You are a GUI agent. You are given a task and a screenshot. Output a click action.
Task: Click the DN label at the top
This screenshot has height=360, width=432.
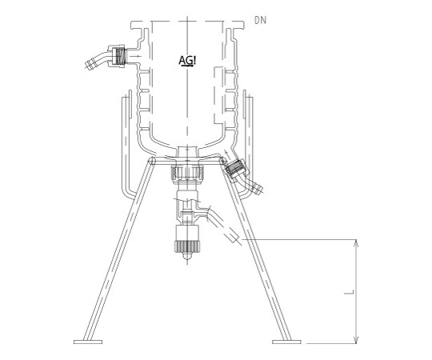click(260, 20)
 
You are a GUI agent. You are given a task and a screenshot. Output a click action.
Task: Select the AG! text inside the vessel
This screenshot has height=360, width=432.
click(187, 61)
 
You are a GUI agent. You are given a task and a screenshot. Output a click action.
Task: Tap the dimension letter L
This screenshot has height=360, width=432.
click(349, 292)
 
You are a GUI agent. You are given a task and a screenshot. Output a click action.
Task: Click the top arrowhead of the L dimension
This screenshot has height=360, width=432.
click(356, 243)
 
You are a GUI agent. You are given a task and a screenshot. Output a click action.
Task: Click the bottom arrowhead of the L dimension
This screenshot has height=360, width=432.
click(356, 340)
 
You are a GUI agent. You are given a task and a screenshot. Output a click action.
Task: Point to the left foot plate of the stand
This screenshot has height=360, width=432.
click(88, 342)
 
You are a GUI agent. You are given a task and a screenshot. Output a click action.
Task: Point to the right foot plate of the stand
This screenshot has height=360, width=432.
click(286, 342)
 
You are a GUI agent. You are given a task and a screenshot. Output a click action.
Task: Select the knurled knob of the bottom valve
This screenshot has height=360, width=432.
click(186, 246)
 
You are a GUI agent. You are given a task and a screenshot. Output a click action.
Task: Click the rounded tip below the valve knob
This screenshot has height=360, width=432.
click(186, 256)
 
